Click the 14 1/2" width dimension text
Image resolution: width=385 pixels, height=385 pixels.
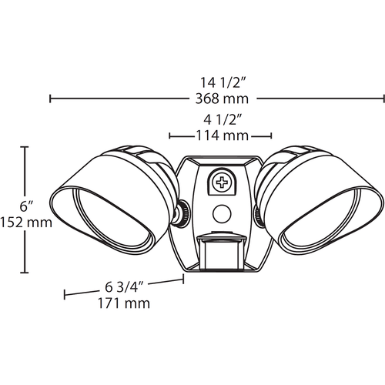(223, 82)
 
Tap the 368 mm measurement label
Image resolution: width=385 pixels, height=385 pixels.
(222, 99)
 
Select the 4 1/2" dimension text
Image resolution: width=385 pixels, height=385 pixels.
(223, 119)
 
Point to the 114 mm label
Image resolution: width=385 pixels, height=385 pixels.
(223, 136)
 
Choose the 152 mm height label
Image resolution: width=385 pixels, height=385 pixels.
(26, 223)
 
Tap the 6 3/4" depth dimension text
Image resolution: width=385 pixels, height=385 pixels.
(124, 287)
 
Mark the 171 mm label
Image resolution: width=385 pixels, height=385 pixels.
(124, 303)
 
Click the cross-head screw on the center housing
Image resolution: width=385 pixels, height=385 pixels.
(222, 182)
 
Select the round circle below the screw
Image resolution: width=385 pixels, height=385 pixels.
(222, 213)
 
